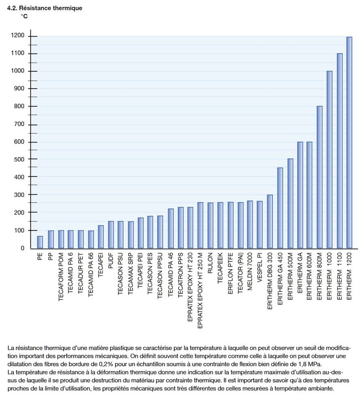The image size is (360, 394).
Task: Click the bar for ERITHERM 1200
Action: (x=349, y=143)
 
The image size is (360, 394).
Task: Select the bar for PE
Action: (x=40, y=242)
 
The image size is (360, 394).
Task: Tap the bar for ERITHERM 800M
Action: (x=319, y=177)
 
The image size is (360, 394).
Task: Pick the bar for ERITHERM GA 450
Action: (x=280, y=208)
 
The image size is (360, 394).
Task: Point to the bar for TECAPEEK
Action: (x=220, y=226)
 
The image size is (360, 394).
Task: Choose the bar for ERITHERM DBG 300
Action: (x=270, y=222)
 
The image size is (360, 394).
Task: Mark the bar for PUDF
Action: (x=111, y=235)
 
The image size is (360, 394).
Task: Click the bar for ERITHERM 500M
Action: (x=290, y=203)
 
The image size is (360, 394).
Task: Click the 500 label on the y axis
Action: (x=19, y=159)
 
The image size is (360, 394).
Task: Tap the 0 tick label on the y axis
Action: (x=23, y=248)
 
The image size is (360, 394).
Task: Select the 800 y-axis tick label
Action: (x=19, y=106)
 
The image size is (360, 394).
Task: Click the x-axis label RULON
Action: (x=210, y=263)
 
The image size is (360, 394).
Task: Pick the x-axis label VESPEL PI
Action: (x=260, y=267)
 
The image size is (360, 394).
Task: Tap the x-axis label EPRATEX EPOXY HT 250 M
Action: (x=200, y=291)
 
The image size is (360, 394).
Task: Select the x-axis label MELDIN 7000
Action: (x=250, y=271)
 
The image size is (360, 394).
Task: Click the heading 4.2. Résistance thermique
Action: (x=45, y=8)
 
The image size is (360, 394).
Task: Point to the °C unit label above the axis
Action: (x=24, y=16)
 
